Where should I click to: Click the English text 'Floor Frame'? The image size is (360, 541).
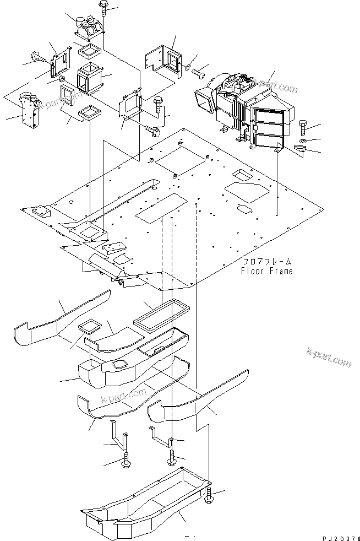[266, 271]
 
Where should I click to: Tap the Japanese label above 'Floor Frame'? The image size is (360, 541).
[267, 262]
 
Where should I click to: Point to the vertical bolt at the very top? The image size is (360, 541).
[103, 10]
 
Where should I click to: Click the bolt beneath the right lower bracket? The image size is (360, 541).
[172, 455]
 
